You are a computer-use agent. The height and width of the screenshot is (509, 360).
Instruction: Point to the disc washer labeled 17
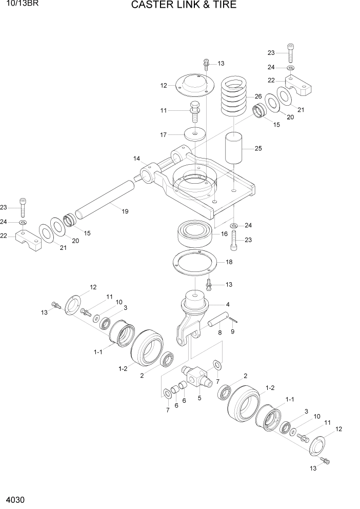click(x=194, y=135)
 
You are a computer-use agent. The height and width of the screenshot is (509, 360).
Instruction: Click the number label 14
click(x=137, y=159)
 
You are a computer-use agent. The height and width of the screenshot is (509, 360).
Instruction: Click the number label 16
click(x=224, y=234)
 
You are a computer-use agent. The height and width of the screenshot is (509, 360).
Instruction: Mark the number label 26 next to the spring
click(x=257, y=96)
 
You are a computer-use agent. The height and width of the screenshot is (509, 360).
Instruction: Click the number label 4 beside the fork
click(x=228, y=304)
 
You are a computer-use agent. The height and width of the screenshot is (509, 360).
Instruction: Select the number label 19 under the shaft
click(x=125, y=211)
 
